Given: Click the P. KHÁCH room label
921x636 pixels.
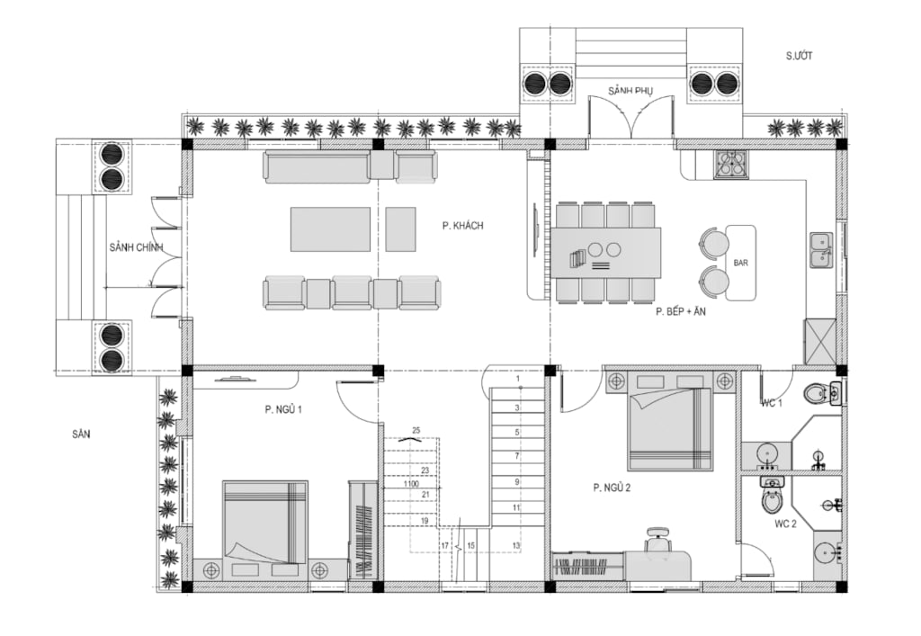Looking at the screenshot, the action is click(463, 226).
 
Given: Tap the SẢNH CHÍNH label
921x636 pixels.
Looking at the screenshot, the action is click(137, 247).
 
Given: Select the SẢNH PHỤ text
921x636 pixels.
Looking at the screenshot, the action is click(630, 91).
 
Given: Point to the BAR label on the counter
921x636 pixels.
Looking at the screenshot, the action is click(741, 263).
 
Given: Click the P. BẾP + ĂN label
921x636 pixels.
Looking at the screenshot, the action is click(681, 312).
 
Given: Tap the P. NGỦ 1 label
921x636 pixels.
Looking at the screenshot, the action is click(283, 409).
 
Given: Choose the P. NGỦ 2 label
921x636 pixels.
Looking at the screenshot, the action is click(612, 488).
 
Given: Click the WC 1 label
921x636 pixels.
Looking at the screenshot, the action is click(772, 403).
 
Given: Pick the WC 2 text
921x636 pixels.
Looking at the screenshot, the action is click(785, 524).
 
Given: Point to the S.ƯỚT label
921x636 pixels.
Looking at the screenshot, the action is click(800, 56).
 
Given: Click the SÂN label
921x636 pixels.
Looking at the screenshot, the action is click(81, 434).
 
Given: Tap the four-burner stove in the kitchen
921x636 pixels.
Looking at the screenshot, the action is click(731, 164).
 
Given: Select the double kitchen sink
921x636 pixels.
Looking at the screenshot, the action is click(821, 249).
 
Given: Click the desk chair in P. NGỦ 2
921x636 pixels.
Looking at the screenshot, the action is click(657, 541).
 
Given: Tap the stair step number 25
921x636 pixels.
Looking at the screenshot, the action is click(416, 431).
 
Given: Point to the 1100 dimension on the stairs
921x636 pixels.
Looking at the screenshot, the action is click(411, 484).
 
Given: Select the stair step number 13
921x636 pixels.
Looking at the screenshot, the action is click(515, 545).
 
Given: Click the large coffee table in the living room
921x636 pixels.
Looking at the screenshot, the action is click(330, 229).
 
